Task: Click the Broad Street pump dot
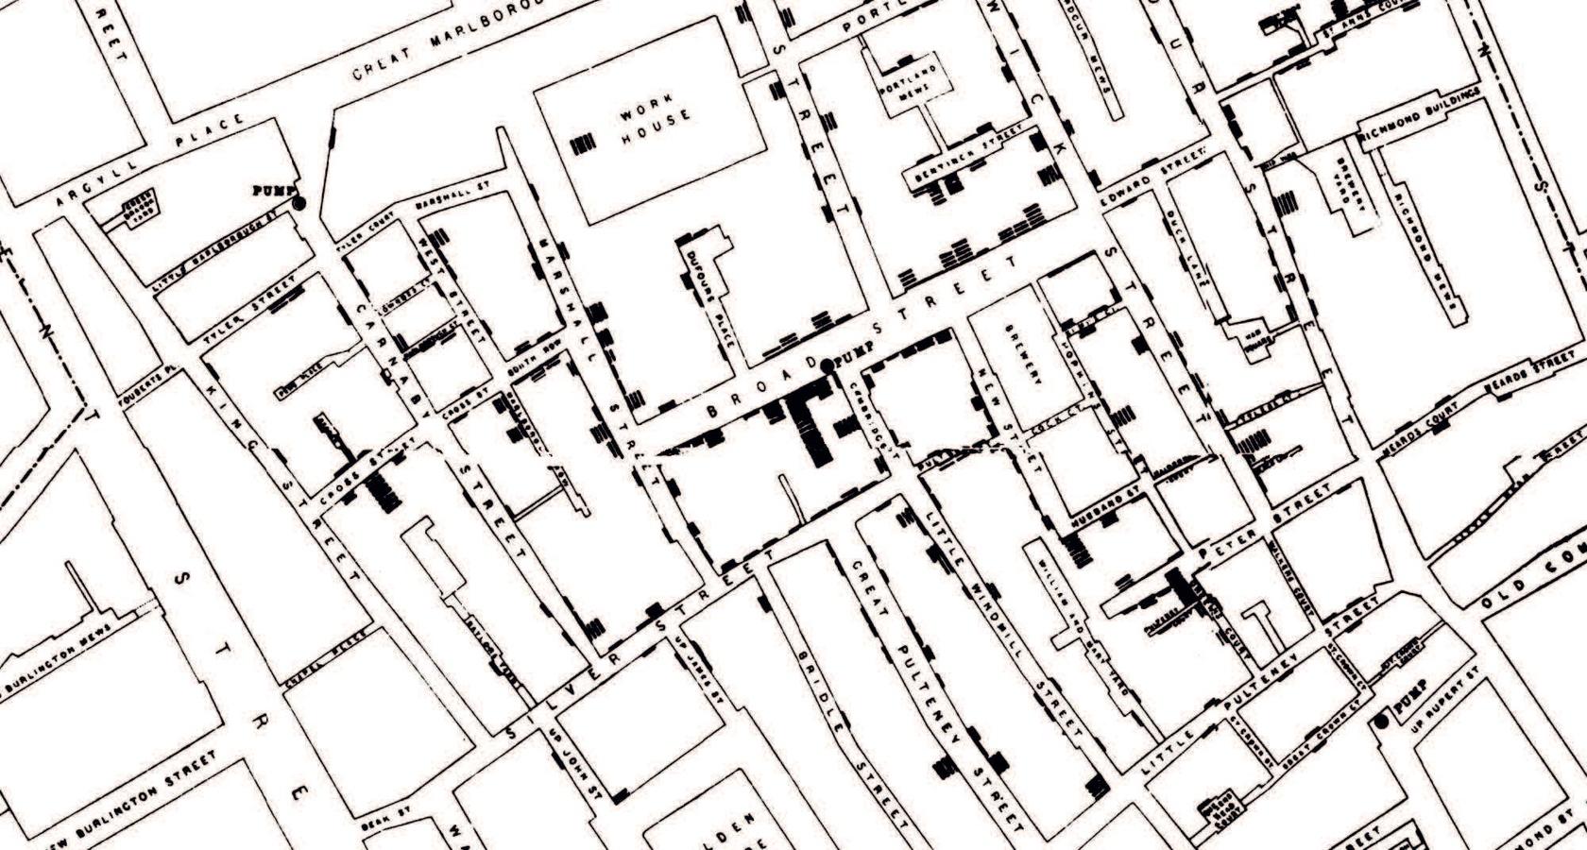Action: pos(828,365)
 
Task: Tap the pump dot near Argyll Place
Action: pos(299,202)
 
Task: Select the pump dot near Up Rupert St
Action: pos(1382,722)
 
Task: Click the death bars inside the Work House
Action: pos(584,144)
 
